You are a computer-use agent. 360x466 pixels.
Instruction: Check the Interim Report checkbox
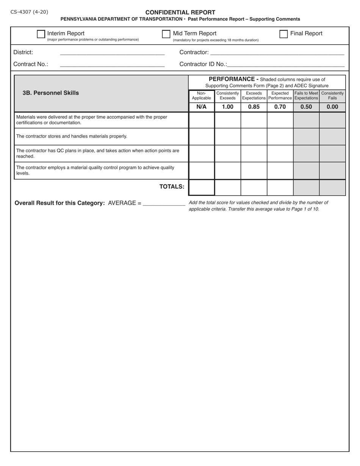(41, 34)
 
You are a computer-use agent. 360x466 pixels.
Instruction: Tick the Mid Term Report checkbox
(166, 34)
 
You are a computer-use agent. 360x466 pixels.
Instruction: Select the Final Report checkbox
(283, 34)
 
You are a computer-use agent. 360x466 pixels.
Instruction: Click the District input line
(112, 53)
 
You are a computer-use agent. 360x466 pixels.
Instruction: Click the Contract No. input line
(112, 64)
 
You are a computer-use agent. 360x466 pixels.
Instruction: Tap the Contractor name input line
(277, 53)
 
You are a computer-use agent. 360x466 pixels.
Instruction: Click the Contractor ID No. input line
(286, 64)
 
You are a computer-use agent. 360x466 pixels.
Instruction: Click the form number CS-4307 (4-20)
(29, 12)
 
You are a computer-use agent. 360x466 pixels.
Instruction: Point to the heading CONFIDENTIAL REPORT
(180, 12)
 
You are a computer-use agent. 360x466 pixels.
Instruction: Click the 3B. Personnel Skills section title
(51, 93)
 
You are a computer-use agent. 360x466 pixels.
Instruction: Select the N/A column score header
(202, 107)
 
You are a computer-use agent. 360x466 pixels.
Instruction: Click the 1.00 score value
(228, 107)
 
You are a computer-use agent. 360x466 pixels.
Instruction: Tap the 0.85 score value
(254, 107)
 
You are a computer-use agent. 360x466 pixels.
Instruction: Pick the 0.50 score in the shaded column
(306, 107)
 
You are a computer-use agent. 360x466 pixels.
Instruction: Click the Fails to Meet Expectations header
(306, 95)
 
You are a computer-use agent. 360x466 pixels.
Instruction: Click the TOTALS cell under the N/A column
(202, 188)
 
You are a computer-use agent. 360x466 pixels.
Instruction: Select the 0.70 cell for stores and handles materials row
(280, 137)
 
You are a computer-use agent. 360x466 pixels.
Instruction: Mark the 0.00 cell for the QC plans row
(332, 153)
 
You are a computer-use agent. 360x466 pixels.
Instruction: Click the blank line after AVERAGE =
(164, 203)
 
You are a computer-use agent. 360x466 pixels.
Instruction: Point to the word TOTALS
(172, 186)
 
